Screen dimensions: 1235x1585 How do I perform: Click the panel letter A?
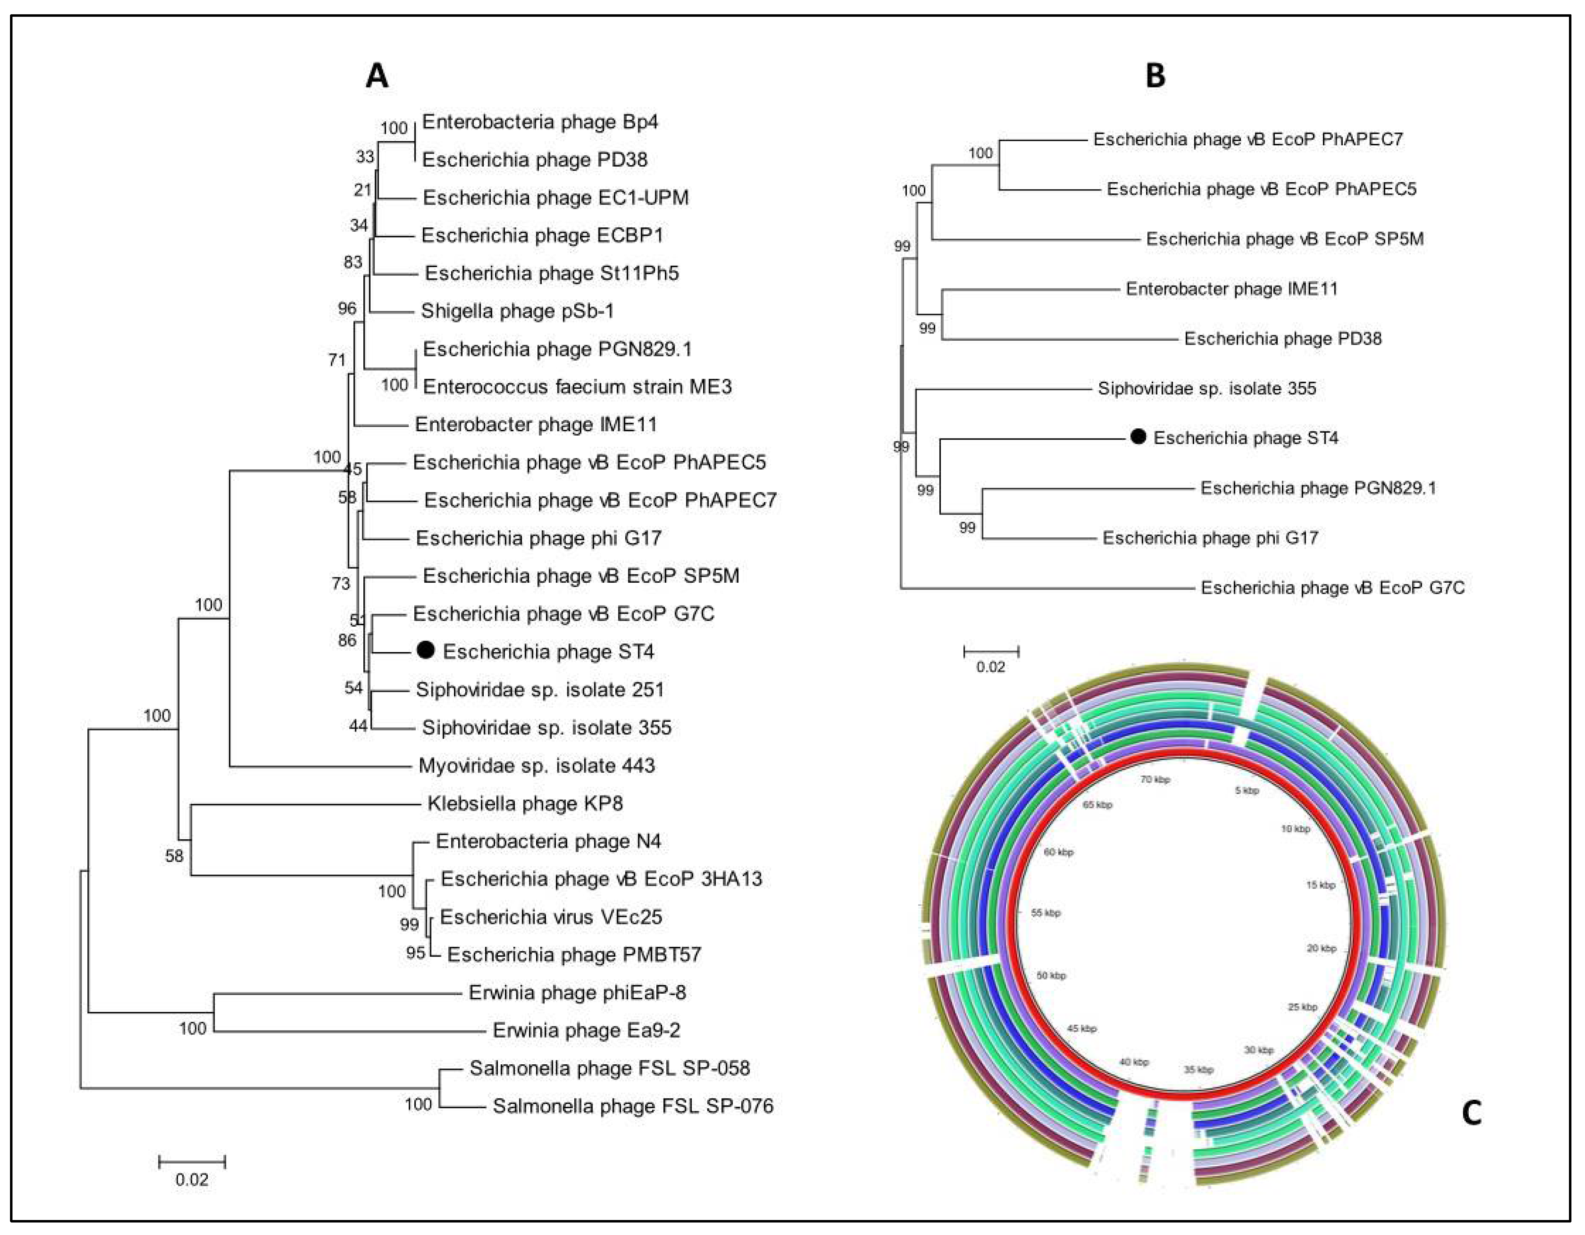377,75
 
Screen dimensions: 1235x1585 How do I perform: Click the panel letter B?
1155,75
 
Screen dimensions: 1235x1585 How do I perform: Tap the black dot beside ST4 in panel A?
426,651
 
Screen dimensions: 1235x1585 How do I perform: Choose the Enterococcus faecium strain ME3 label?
577,386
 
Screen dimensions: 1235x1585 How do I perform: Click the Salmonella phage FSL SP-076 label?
633,1106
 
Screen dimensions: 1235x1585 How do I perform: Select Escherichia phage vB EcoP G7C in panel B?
1332,587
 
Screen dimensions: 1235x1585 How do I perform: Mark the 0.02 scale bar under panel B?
991,651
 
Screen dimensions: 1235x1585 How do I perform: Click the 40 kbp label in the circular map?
1134,1061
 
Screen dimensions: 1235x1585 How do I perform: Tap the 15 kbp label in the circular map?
1320,885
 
